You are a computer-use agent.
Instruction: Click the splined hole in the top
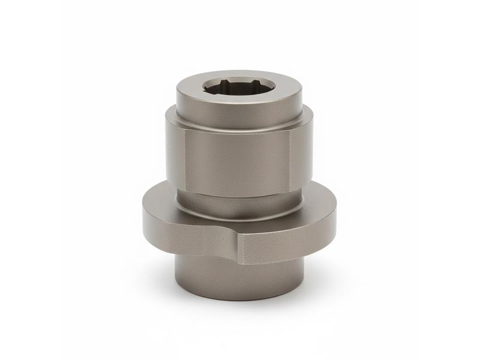[239, 86]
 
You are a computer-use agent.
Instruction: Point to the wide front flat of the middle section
[237, 159]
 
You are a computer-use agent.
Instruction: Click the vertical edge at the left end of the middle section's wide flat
[184, 159]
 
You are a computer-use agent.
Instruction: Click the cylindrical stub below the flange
[240, 276]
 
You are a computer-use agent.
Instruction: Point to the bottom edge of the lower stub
[240, 299]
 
